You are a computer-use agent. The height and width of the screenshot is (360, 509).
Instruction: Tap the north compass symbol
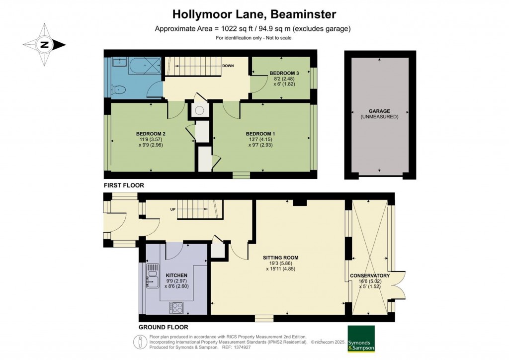point(44,45)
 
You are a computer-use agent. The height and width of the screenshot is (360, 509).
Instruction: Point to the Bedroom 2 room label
point(151,134)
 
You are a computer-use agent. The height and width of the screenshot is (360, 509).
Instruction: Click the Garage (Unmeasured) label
point(379,111)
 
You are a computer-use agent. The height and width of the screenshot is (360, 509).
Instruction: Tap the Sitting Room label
point(280,258)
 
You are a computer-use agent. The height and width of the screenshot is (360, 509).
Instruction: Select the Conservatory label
point(369,275)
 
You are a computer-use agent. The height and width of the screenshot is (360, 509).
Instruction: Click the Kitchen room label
point(176,275)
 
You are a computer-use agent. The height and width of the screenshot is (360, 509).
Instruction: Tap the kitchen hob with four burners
point(177,307)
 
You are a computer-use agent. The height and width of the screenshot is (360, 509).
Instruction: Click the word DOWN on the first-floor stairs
point(228,66)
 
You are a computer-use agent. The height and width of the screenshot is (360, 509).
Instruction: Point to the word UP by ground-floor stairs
point(173,209)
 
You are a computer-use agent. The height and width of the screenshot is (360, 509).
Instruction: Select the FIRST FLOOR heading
point(124,185)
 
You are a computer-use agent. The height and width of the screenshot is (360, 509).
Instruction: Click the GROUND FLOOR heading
point(163,327)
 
